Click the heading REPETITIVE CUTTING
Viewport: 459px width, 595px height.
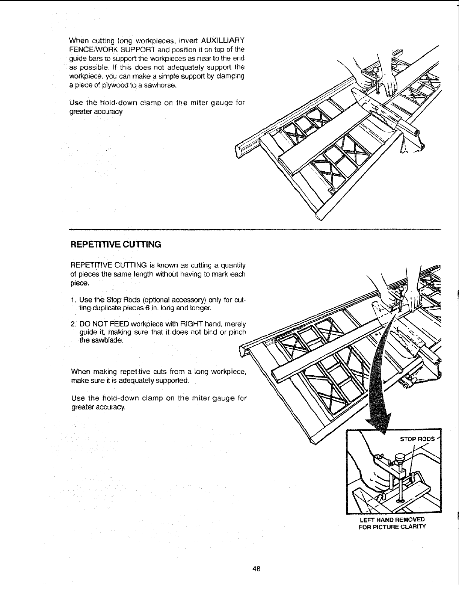(116, 245)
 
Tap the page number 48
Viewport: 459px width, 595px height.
(257, 579)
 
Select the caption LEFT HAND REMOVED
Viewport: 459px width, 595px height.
(391, 519)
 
